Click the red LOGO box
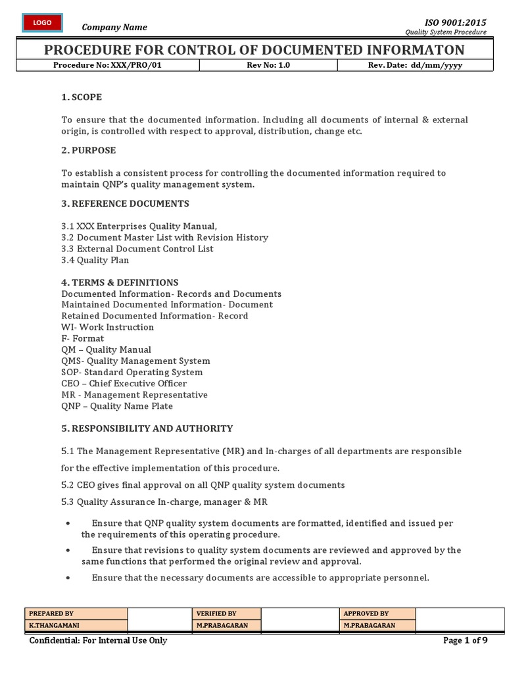click(x=43, y=23)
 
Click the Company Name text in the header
click(x=114, y=27)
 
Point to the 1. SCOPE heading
click(x=82, y=97)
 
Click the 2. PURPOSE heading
click(x=88, y=150)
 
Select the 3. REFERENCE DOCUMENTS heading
click(x=125, y=203)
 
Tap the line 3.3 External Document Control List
click(x=137, y=249)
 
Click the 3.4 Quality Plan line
click(x=95, y=260)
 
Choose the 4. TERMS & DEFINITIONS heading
click(x=120, y=282)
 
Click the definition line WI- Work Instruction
click(x=107, y=327)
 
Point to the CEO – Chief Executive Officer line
click(x=124, y=383)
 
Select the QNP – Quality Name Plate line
click(x=117, y=405)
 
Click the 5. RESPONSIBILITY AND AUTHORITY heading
click(x=147, y=428)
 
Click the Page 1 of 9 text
click(x=466, y=640)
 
